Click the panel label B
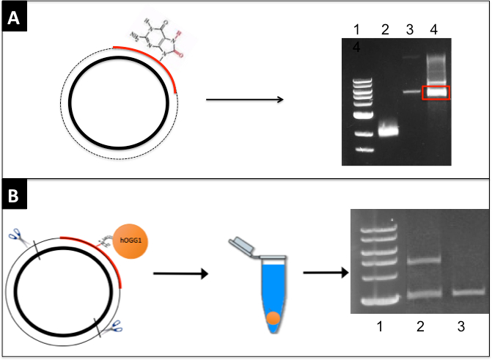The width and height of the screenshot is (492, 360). tap(14, 198)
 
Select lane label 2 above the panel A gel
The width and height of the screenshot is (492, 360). tap(386, 29)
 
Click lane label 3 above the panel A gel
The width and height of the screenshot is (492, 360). tap(411, 29)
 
